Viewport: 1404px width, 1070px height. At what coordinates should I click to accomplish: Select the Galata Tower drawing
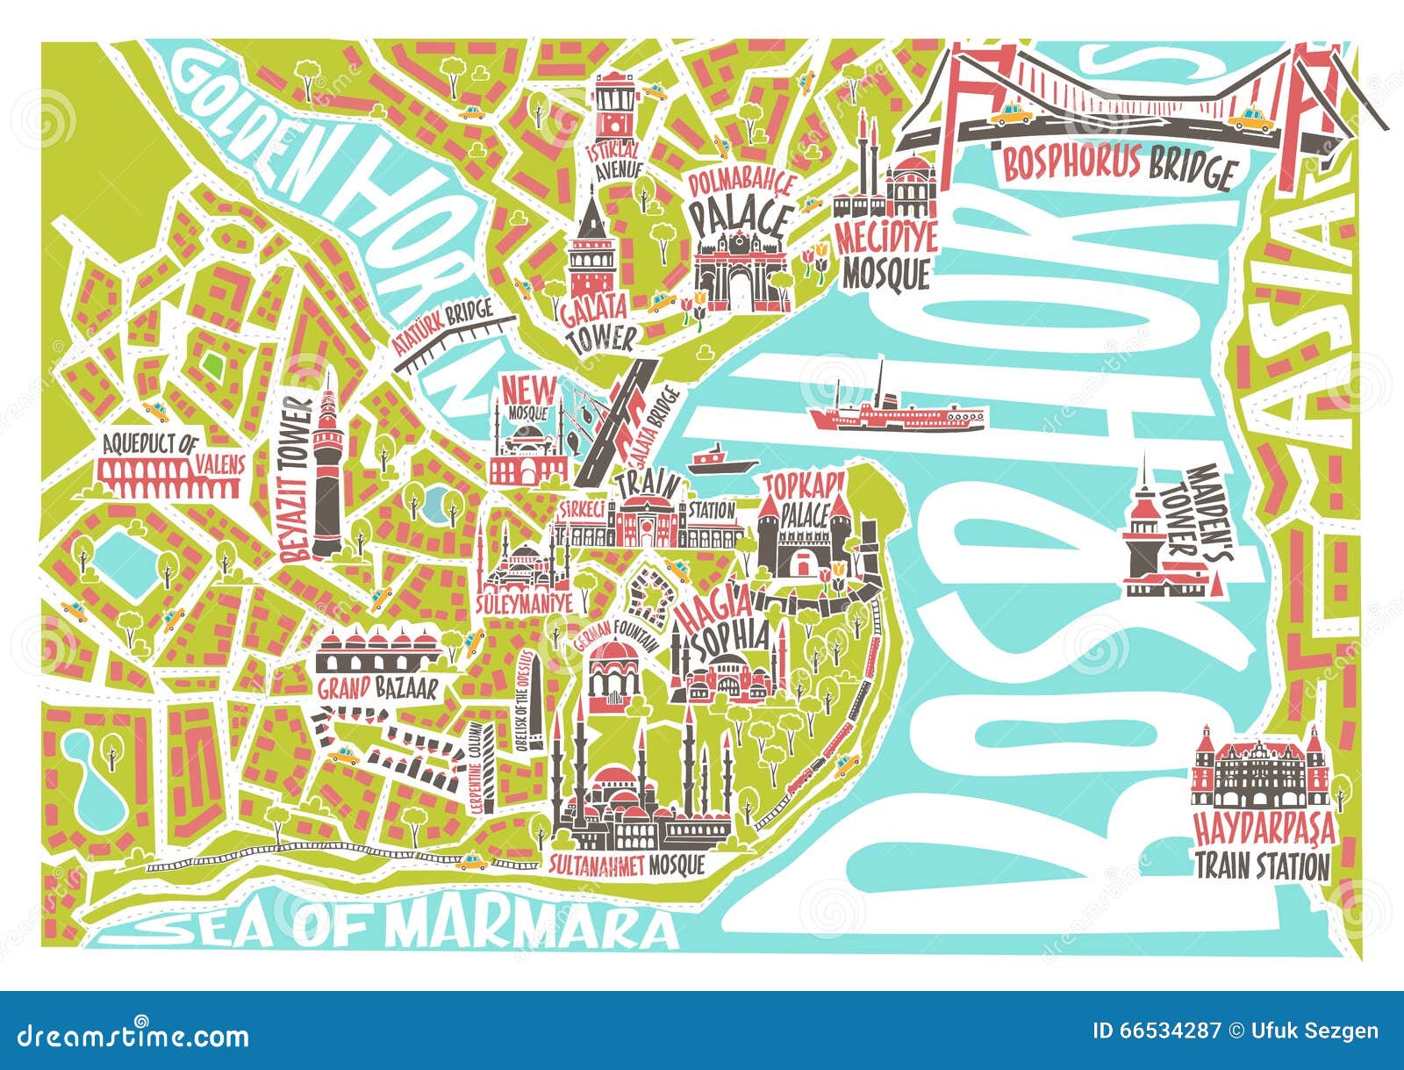click(591, 250)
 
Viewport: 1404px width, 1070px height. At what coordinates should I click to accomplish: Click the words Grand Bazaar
click(376, 688)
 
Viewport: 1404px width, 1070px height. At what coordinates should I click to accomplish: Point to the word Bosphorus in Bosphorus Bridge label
click(1085, 162)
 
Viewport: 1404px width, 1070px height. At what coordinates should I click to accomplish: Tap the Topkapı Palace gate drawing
click(803, 544)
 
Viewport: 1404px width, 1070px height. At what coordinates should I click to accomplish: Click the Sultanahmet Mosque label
click(627, 865)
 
